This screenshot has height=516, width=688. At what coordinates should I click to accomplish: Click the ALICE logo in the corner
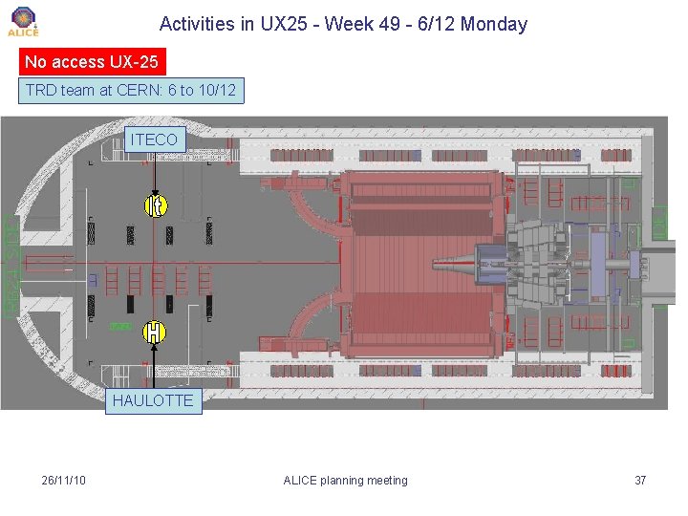click(23, 21)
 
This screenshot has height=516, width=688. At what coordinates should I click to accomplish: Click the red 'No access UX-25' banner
click(92, 62)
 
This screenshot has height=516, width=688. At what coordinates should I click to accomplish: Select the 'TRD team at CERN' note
click(132, 91)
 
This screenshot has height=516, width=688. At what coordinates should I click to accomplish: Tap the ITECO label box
click(154, 140)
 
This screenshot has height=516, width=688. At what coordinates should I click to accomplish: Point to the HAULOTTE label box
click(153, 400)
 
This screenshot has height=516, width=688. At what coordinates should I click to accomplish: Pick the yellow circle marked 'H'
click(153, 333)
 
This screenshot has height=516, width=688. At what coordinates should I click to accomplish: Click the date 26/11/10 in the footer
click(64, 480)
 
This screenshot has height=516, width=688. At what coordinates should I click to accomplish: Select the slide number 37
click(640, 480)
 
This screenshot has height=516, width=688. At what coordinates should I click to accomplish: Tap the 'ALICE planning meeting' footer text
click(345, 480)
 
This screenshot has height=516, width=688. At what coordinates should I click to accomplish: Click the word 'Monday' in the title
click(493, 24)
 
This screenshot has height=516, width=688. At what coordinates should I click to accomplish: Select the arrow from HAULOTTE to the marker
click(153, 367)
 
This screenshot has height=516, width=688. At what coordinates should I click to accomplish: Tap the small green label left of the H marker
click(120, 327)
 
